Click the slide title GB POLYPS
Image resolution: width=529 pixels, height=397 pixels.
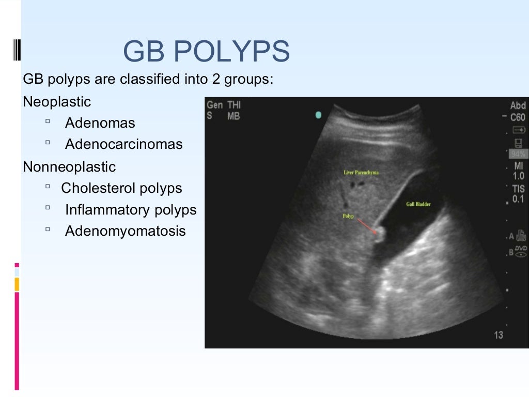206,52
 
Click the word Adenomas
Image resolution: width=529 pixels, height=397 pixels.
100,123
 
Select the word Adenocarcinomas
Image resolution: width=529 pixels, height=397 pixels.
124,144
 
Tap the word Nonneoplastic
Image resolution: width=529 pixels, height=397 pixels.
69,167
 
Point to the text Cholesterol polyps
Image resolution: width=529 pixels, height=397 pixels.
121,188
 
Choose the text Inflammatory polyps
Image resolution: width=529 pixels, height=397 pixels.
131,210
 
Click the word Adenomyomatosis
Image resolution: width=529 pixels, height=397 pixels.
125,231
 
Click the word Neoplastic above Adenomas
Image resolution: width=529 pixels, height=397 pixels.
57,102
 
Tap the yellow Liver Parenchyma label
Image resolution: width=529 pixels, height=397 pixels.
361,173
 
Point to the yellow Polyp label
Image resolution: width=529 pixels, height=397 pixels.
348,216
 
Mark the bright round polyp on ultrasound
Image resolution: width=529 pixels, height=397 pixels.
379,236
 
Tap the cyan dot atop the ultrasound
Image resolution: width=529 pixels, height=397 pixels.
318,115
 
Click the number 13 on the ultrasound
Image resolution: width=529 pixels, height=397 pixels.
498,335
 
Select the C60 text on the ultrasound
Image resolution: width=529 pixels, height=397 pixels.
518,117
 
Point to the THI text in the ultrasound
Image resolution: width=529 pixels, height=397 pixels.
234,105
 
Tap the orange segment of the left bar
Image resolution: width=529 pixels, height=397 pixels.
17,284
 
